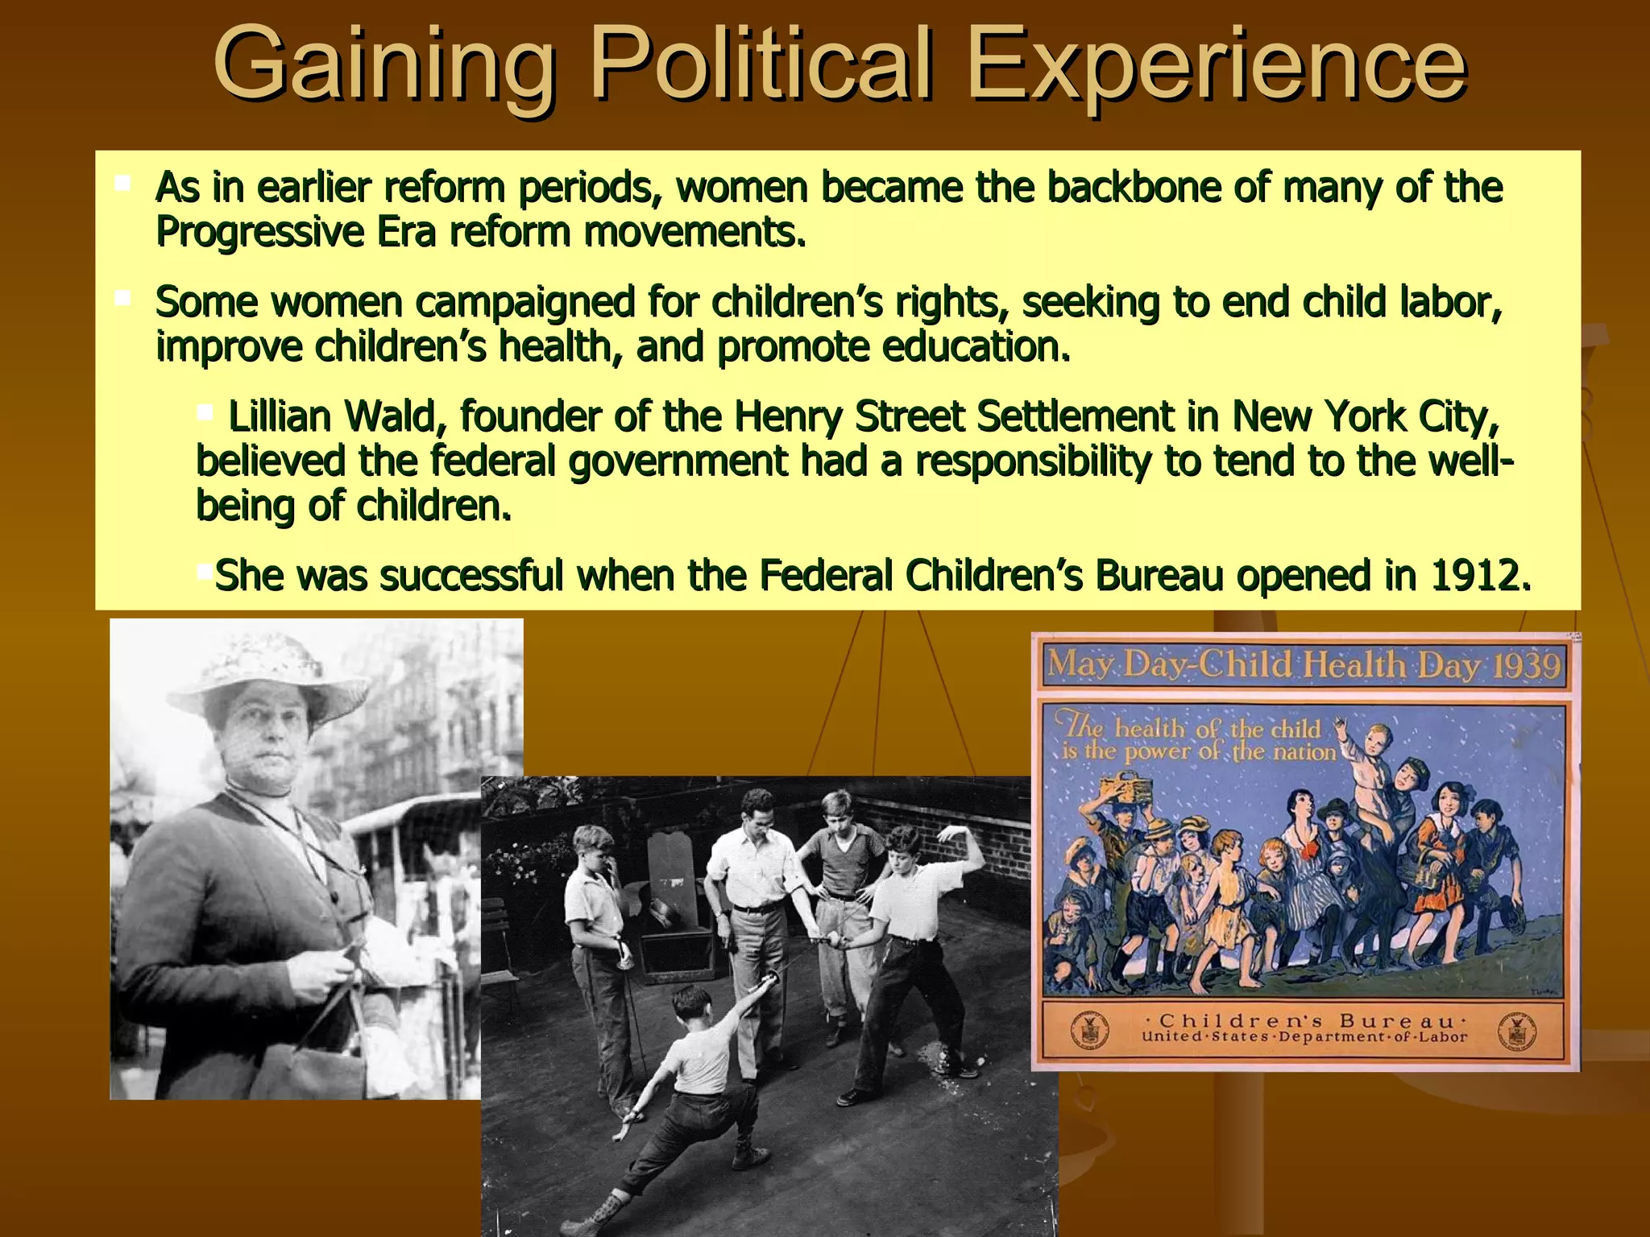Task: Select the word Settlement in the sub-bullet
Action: (1076, 417)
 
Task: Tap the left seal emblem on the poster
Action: (1089, 1032)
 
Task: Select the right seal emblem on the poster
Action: (1520, 1032)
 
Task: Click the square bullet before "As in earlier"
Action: (123, 184)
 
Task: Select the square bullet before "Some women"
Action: (123, 299)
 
